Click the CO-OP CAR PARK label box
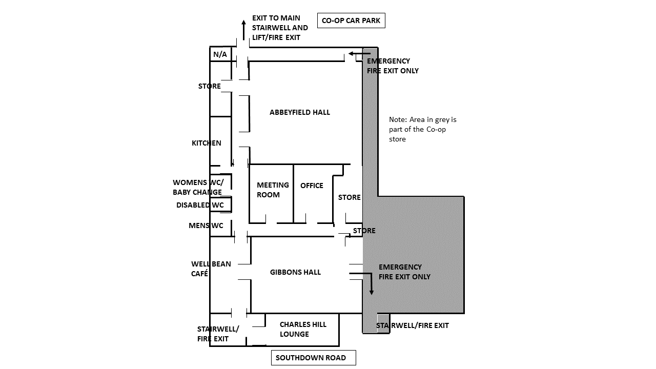pos(351,20)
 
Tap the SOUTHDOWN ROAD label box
pos(313,358)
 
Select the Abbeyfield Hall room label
pos(300,112)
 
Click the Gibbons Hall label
pos(295,272)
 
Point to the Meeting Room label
pos(273,190)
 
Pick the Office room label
pos(312,186)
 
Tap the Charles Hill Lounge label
pos(303,329)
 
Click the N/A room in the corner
pos(220,54)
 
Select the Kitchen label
pos(207,143)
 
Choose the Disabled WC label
pos(200,205)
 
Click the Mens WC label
pos(206,225)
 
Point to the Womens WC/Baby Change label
pos(198,187)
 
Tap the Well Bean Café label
pos(211,269)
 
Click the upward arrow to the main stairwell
pos(243,30)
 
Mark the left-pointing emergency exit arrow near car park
pos(359,54)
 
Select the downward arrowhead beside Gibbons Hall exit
pos(372,292)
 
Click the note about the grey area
pos(423,129)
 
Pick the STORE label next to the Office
pos(349,197)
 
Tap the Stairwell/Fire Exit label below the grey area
pos(413,325)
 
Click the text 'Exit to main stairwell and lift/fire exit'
pos(280,28)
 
